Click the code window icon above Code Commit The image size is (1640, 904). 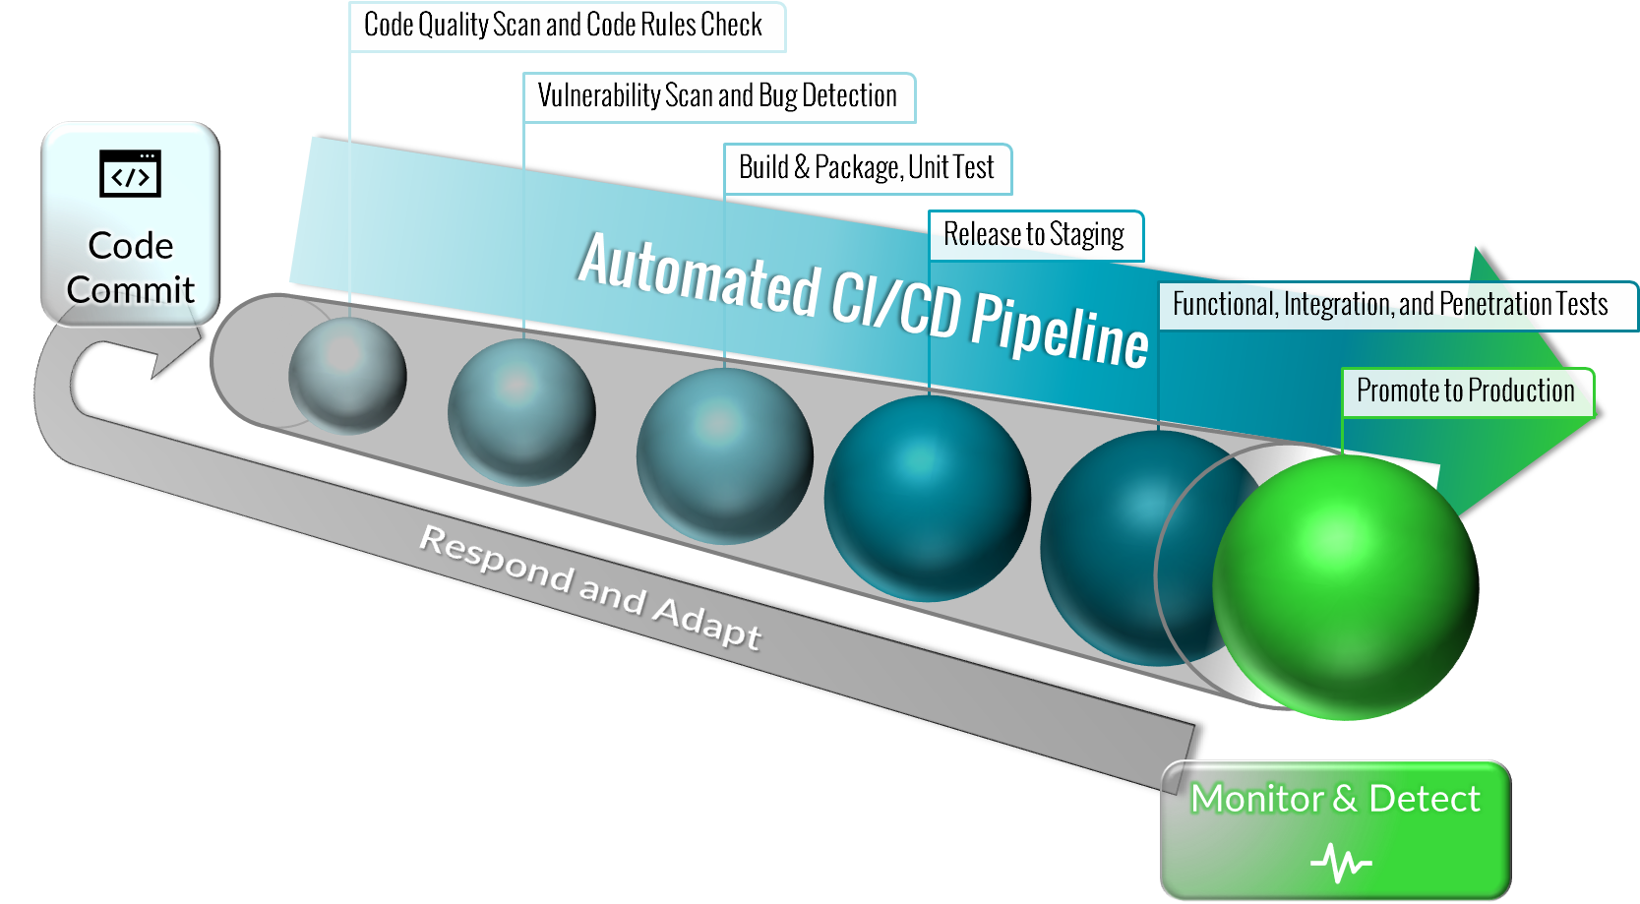(x=130, y=174)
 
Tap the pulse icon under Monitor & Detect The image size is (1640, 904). (x=1340, y=863)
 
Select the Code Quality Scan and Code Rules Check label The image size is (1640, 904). (x=563, y=26)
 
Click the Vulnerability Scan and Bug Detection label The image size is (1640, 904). (x=717, y=96)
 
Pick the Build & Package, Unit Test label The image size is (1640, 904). (x=866, y=168)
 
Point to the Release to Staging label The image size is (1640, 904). (x=1034, y=235)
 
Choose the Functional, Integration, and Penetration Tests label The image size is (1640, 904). (x=1390, y=305)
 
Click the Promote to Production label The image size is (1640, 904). (x=1465, y=392)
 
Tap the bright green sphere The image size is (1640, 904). (x=1345, y=586)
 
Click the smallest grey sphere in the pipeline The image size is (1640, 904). (x=347, y=375)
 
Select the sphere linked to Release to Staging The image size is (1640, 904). (x=927, y=498)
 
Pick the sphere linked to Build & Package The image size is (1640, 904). (x=724, y=455)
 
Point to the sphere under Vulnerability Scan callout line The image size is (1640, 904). (x=521, y=411)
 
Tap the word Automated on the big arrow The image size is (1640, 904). (x=699, y=276)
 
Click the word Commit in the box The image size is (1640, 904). (x=130, y=290)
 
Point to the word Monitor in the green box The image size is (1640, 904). (x=1256, y=799)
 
